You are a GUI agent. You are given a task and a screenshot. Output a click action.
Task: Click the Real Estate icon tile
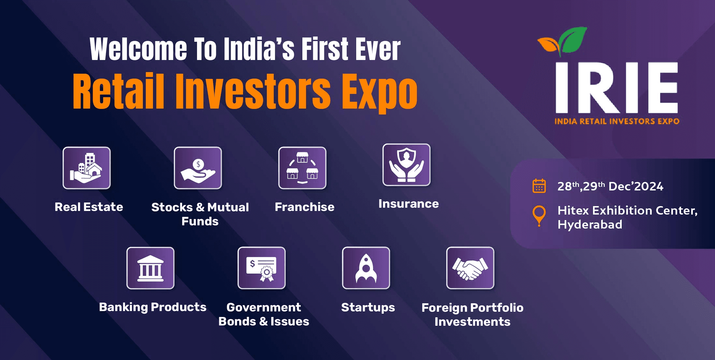[x=87, y=168]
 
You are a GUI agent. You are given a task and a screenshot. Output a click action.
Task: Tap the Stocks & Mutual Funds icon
[x=198, y=168]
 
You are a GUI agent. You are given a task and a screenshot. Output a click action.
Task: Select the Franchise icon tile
[x=302, y=168]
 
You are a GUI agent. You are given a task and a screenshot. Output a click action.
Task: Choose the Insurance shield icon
[x=406, y=165]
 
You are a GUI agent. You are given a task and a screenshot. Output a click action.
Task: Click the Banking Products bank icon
[x=150, y=268]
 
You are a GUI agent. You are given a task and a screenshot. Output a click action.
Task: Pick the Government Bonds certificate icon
[x=262, y=268]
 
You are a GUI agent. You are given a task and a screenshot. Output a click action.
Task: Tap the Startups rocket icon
[x=366, y=268]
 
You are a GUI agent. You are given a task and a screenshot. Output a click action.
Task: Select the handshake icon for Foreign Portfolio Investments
[x=470, y=268]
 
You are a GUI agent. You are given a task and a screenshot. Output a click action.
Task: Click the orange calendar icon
[x=539, y=186]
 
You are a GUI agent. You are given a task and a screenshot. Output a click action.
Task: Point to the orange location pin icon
[x=539, y=215]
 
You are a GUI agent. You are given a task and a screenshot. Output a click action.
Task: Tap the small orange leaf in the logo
[x=548, y=45]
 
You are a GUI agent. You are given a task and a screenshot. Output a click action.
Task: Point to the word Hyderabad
[x=590, y=225]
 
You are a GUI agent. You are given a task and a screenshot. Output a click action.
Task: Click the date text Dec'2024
[x=636, y=187]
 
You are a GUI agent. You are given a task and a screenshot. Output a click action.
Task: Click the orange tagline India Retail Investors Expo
[x=617, y=121]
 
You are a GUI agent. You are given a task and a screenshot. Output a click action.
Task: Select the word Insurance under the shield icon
[x=408, y=204]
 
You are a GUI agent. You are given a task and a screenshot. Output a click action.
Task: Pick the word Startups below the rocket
[x=368, y=307]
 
